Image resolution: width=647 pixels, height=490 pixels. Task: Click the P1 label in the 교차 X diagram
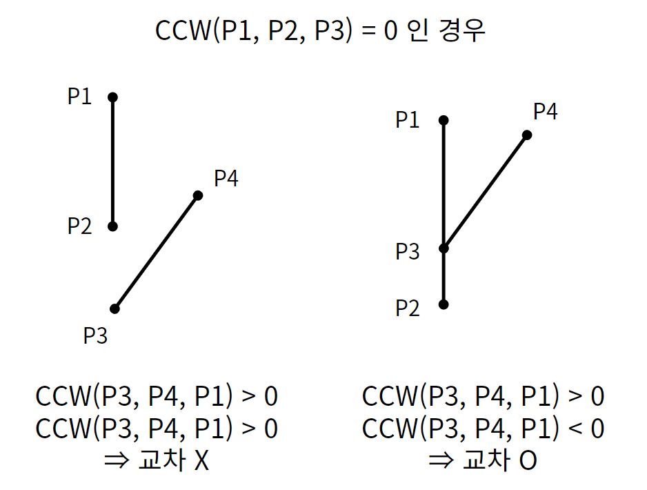pyautogui.click(x=79, y=97)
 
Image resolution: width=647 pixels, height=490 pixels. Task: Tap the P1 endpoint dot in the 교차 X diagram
pyautogui.click(x=113, y=97)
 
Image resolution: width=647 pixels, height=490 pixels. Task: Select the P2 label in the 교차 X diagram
pyautogui.click(x=79, y=226)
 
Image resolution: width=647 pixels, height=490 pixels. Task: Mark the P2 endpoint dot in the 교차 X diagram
pyautogui.click(x=113, y=226)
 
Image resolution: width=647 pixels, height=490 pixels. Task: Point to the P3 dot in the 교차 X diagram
pyautogui.click(x=115, y=308)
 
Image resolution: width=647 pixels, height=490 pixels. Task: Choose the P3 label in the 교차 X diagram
pyautogui.click(x=95, y=336)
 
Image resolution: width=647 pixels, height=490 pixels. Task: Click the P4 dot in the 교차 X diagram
pyautogui.click(x=198, y=195)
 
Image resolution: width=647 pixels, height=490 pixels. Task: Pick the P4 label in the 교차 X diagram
pyautogui.click(x=226, y=178)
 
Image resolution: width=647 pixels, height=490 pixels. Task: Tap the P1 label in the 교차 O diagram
pyautogui.click(x=407, y=120)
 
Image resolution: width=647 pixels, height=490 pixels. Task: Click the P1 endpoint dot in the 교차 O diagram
pyautogui.click(x=444, y=120)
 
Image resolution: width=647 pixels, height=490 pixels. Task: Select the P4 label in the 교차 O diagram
pyautogui.click(x=545, y=111)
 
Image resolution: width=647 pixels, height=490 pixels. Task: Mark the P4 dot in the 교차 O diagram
pyautogui.click(x=527, y=135)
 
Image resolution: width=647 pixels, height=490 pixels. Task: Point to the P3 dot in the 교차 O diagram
pyautogui.click(x=444, y=248)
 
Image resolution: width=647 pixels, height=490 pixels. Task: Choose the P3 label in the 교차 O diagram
pyautogui.click(x=407, y=252)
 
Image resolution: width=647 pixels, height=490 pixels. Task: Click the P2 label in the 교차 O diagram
pyautogui.click(x=407, y=308)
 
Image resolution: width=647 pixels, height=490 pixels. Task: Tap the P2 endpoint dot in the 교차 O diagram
pyautogui.click(x=444, y=304)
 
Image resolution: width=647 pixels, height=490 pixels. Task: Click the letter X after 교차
pyautogui.click(x=201, y=461)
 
